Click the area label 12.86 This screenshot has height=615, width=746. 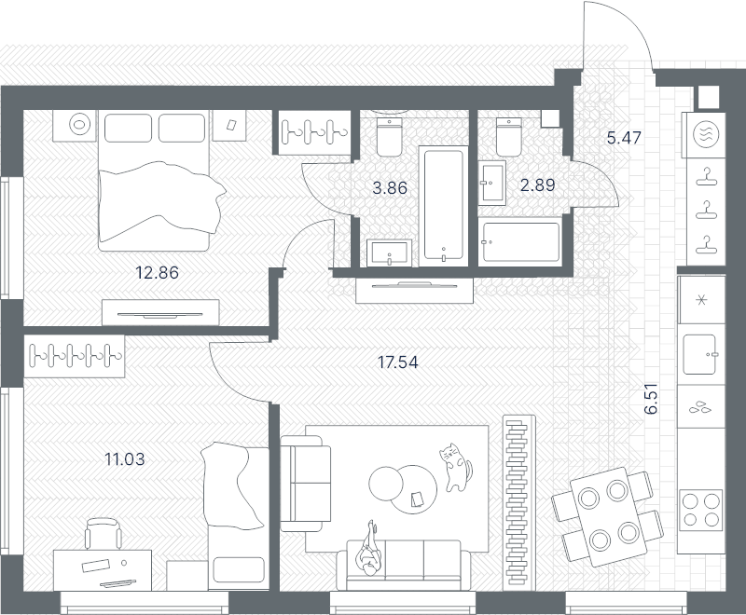pos(157,273)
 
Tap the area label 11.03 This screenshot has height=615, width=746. pos(125,459)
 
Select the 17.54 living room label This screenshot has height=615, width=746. pos(398,362)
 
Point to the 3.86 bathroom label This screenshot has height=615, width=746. pos(390,187)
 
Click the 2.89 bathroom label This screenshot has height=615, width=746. pos(538,184)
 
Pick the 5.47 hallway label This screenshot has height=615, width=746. pos(624,137)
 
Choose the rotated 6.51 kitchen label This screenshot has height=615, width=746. pos(652,399)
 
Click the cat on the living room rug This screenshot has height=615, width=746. pos(455,467)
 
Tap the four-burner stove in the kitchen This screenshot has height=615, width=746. pos(701,511)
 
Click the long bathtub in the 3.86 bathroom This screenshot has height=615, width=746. pos(443,205)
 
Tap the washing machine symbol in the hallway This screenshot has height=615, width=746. pos(706,134)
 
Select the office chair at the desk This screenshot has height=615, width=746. pos(103,533)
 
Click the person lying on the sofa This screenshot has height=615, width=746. pos(369,549)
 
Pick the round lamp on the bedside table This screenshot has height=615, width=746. pos(79,125)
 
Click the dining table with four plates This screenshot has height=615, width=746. pos(609,516)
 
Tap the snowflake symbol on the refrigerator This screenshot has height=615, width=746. pos(701,300)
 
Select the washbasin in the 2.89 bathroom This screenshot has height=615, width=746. pos(492,183)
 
